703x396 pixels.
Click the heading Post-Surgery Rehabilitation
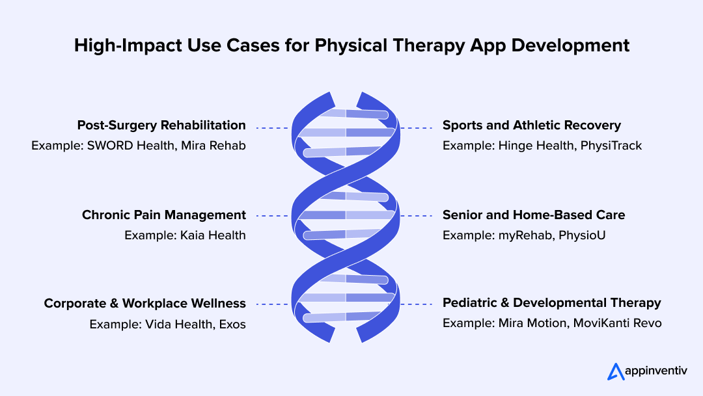[x=161, y=125]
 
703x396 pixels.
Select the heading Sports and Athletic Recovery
[x=532, y=125]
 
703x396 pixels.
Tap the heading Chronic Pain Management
[x=164, y=215]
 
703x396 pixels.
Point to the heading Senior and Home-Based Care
[x=534, y=215]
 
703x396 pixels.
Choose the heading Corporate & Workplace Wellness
[x=145, y=303]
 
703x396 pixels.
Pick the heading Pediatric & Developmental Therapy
[x=552, y=303]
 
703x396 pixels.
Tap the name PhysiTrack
[x=611, y=146]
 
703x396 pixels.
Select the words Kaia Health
[x=213, y=235]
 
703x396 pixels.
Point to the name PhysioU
[x=582, y=235]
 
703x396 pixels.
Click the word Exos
[x=232, y=324]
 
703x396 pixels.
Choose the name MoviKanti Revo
[x=617, y=323]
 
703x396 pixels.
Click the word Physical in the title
[x=351, y=46]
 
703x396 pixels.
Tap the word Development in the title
[x=570, y=46]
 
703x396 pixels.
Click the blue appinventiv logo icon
[x=616, y=371]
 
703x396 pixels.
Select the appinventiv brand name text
[x=656, y=371]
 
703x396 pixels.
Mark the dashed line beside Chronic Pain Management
[x=272, y=216]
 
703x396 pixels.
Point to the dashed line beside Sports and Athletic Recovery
[x=417, y=128]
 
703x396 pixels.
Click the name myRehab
[x=525, y=235]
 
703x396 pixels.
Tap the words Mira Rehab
[x=214, y=146]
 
